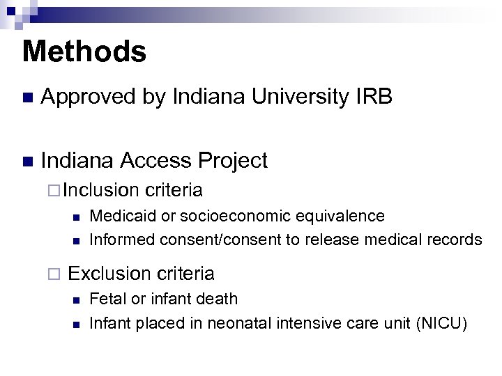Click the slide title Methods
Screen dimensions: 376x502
pyautogui.click(x=84, y=52)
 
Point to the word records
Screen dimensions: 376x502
pyautogui.click(x=454, y=240)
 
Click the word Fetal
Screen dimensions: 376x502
pyautogui.click(x=105, y=299)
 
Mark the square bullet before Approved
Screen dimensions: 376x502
pyautogui.click(x=27, y=99)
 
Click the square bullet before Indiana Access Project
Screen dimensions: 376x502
pyautogui.click(x=27, y=162)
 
